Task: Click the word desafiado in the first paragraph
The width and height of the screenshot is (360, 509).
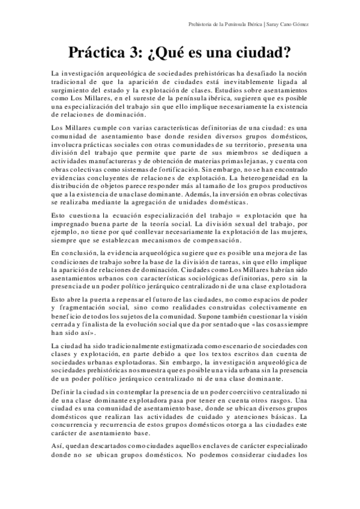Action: pos(245,72)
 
